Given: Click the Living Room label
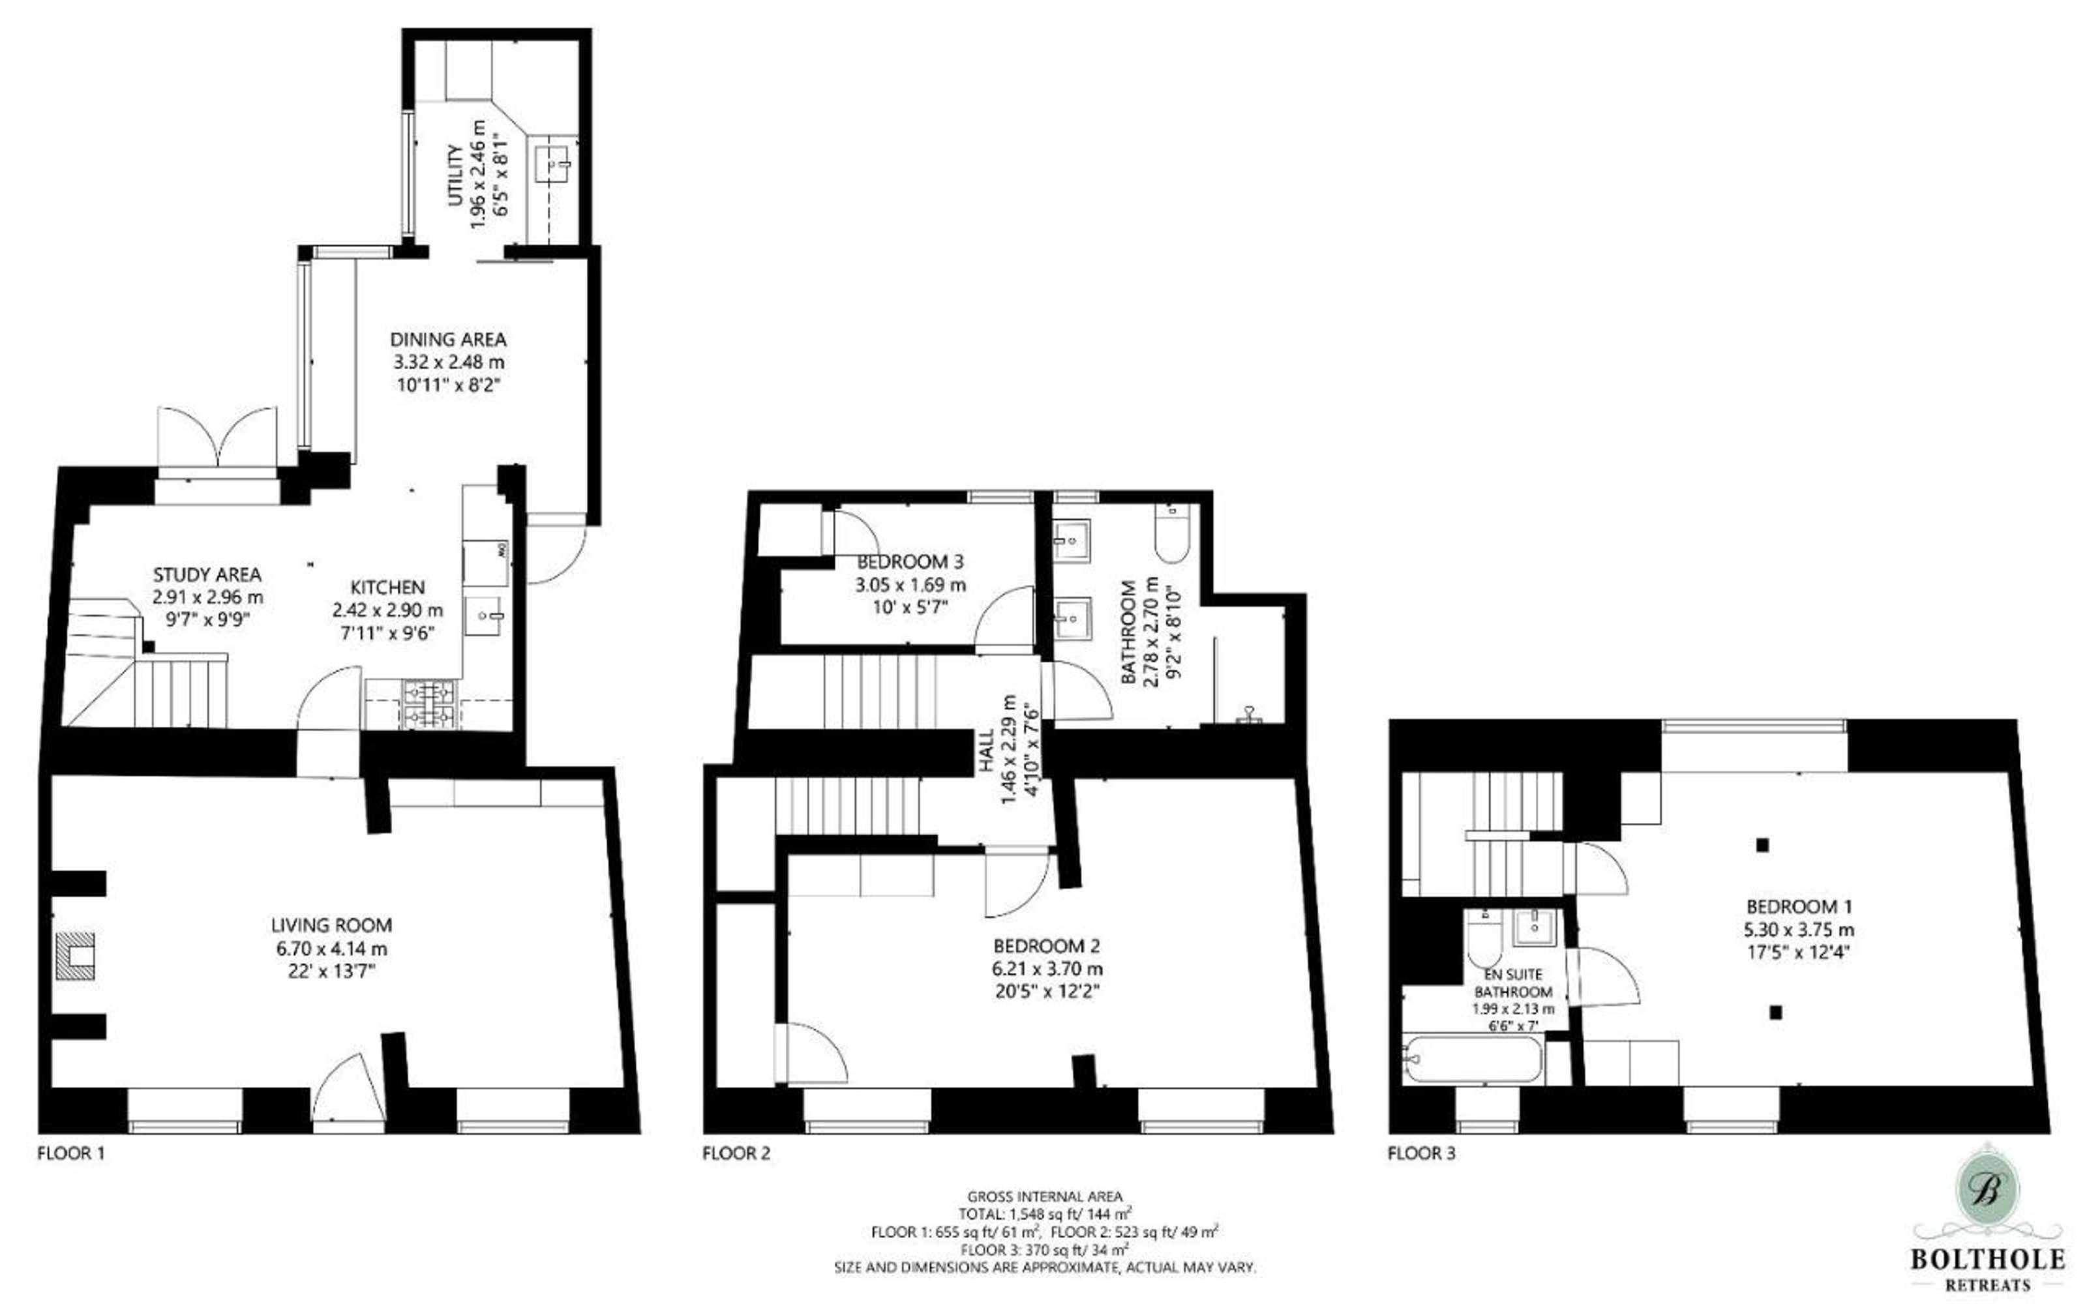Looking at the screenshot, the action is (x=331, y=925).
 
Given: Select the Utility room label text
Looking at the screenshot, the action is (x=455, y=175).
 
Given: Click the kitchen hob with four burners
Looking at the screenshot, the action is (x=428, y=704).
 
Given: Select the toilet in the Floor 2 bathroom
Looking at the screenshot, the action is (x=1172, y=533).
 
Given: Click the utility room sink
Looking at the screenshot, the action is (x=554, y=160).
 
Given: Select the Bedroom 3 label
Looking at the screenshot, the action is (x=910, y=562).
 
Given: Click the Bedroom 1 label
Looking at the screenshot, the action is (x=1799, y=906).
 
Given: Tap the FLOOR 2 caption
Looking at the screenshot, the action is (x=736, y=1153).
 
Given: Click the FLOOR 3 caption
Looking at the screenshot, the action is (x=1421, y=1153).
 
